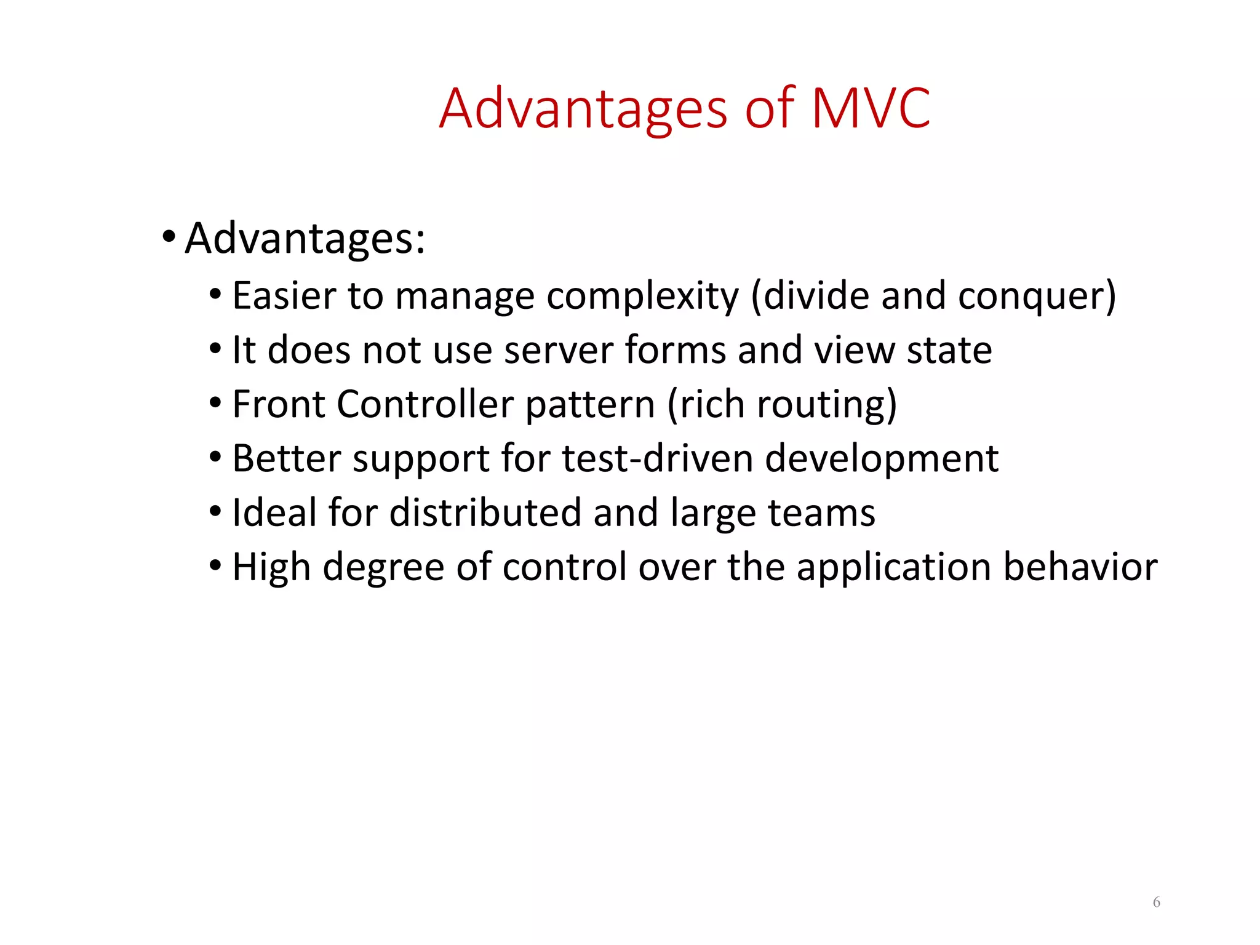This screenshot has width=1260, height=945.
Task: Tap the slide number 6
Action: pos(1156,902)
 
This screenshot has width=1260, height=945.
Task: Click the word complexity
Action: pos(642,297)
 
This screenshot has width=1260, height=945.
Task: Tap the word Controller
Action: pos(425,405)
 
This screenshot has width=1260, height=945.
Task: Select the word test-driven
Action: pos(657,459)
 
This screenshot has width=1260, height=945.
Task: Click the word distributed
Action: pos(485,513)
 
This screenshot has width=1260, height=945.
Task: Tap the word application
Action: pos(893,568)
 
